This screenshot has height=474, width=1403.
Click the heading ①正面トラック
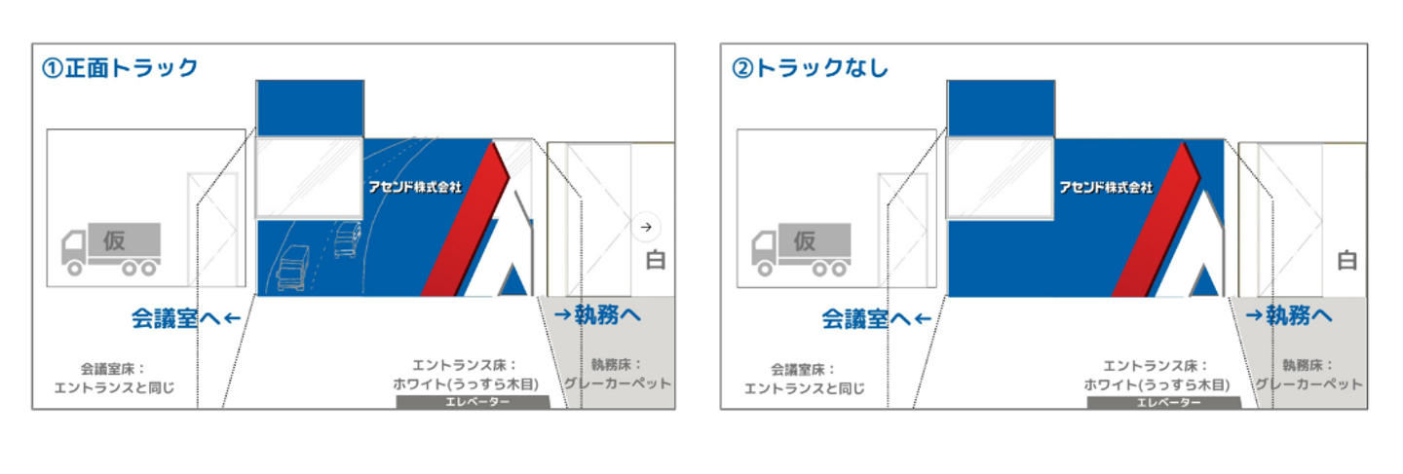pyautogui.click(x=120, y=68)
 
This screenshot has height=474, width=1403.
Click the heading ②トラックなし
pyautogui.click(x=810, y=68)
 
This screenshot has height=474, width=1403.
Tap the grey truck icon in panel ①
pyautogui.click(x=110, y=248)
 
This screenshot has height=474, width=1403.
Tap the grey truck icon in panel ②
pyautogui.click(x=801, y=248)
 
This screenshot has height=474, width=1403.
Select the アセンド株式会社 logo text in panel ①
pyautogui.click(x=414, y=186)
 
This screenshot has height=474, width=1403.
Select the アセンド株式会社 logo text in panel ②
pyautogui.click(x=1106, y=186)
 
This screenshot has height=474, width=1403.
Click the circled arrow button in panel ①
pyautogui.click(x=645, y=227)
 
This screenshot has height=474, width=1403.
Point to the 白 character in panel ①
pyautogui.click(x=657, y=261)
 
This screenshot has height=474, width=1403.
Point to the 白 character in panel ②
pyautogui.click(x=1347, y=261)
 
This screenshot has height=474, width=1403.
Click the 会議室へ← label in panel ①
pyautogui.click(x=185, y=318)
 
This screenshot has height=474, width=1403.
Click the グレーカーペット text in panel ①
pyautogui.click(x=617, y=383)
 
